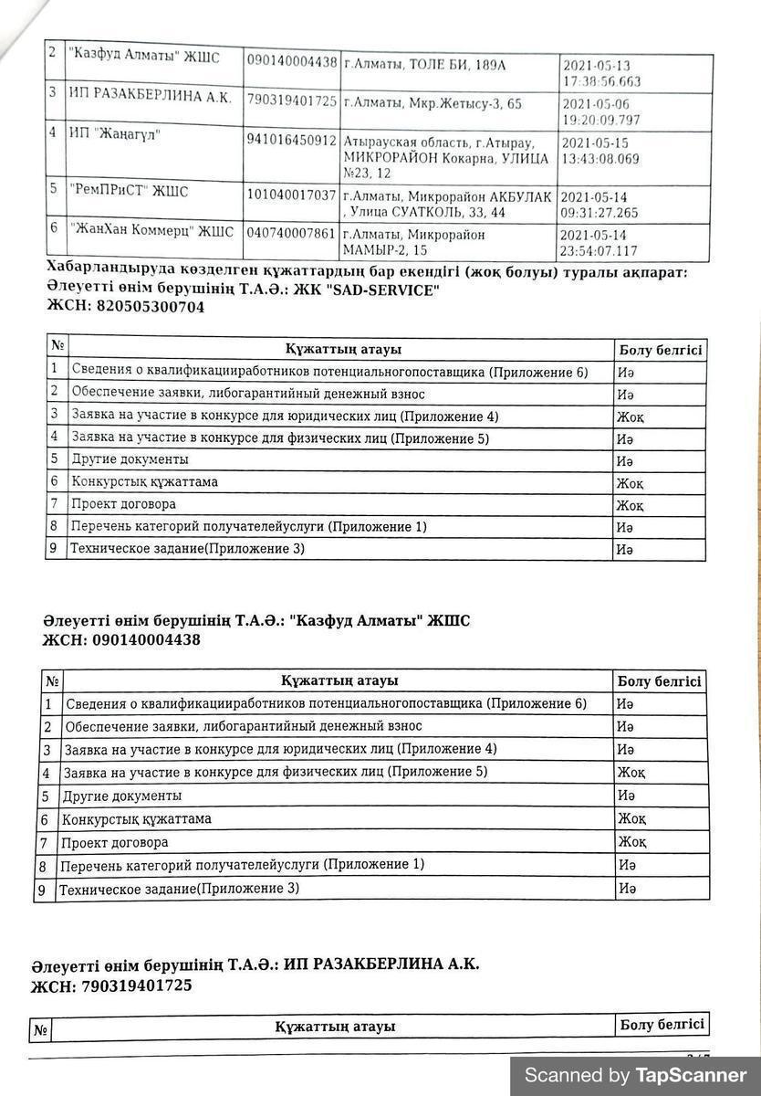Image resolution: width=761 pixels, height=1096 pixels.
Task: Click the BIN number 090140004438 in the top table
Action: (x=292, y=62)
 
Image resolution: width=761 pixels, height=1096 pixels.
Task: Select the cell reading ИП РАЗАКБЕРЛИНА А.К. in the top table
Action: (x=151, y=97)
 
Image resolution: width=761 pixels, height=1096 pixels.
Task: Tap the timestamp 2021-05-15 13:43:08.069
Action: (x=601, y=151)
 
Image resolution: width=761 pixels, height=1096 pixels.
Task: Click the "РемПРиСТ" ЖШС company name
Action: (x=129, y=192)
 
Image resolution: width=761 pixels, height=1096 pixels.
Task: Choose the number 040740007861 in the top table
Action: (x=292, y=233)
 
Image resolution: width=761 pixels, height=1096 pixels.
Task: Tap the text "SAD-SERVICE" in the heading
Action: (x=387, y=290)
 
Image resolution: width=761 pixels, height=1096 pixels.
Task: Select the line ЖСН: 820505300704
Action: (x=125, y=308)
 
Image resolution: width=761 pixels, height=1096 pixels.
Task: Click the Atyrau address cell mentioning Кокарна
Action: (x=446, y=157)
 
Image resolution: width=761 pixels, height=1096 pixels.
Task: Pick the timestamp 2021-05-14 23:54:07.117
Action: (x=600, y=242)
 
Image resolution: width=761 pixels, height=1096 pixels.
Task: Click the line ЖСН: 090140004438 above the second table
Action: (x=121, y=640)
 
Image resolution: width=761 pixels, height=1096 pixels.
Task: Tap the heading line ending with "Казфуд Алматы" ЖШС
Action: (x=256, y=621)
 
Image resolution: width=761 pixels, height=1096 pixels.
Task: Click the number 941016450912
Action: (x=292, y=140)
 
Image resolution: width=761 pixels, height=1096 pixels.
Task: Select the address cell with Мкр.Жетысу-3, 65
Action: (x=433, y=103)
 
